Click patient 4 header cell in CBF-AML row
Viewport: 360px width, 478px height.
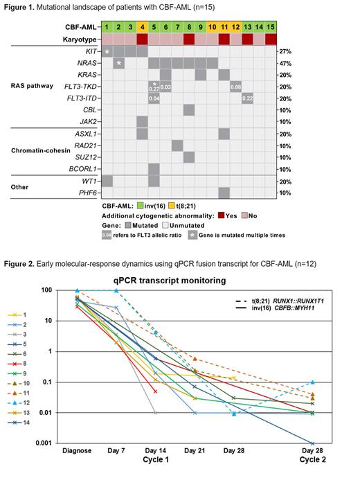coord(142,26)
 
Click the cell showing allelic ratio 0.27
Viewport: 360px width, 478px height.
coord(154,87)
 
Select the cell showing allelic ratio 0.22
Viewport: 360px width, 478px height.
coord(246,98)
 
